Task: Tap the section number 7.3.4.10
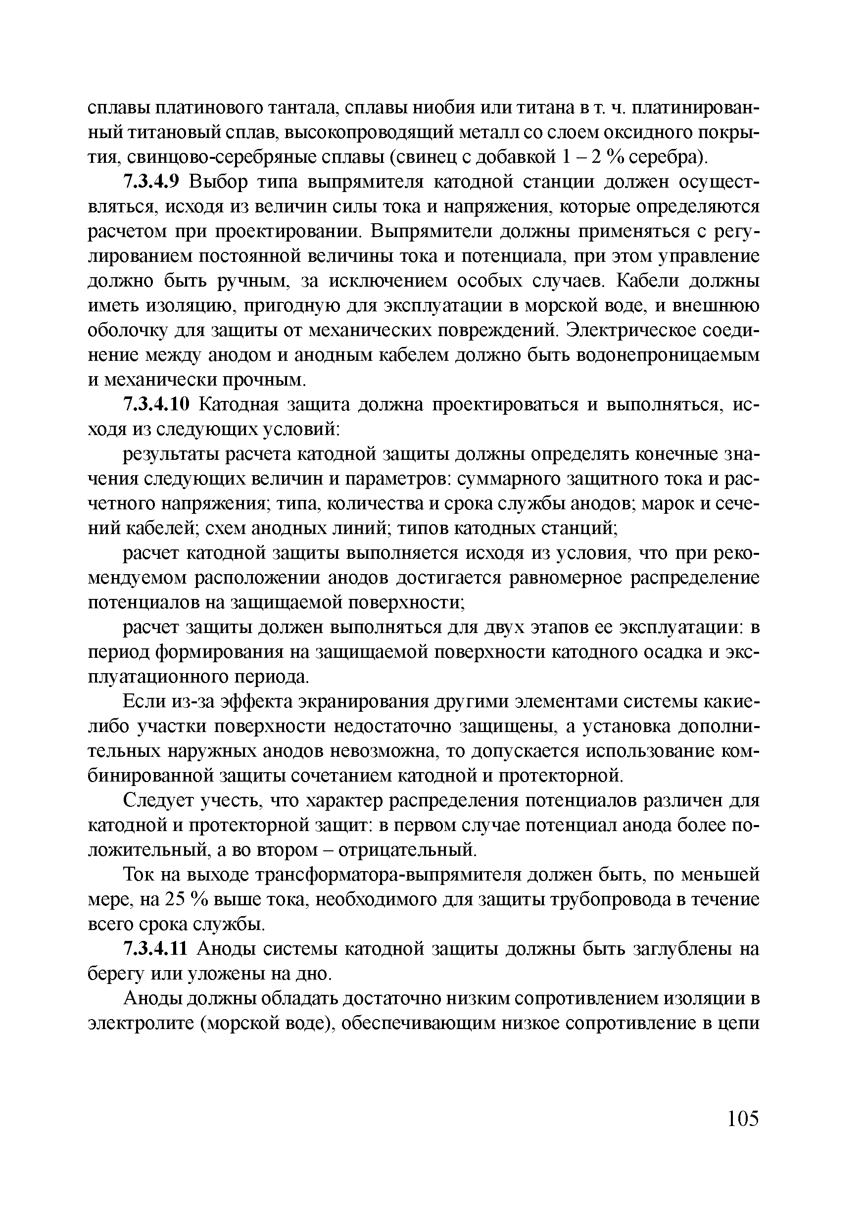(156, 405)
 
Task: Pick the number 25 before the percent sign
(174, 900)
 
